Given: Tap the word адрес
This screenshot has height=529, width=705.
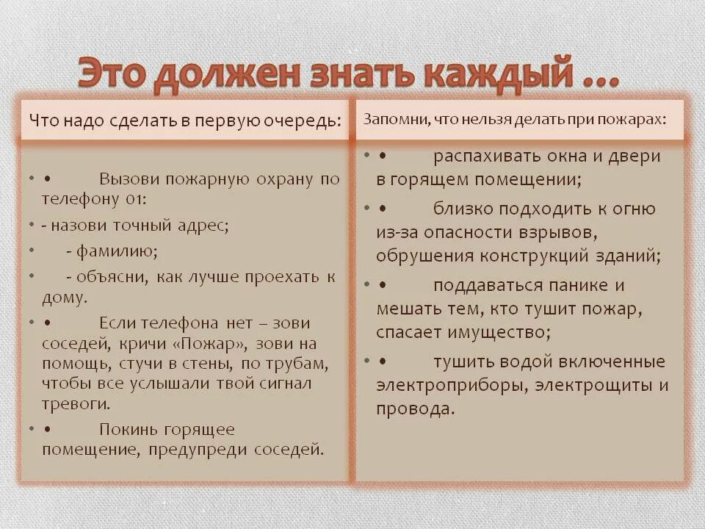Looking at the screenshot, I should click(203, 226).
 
